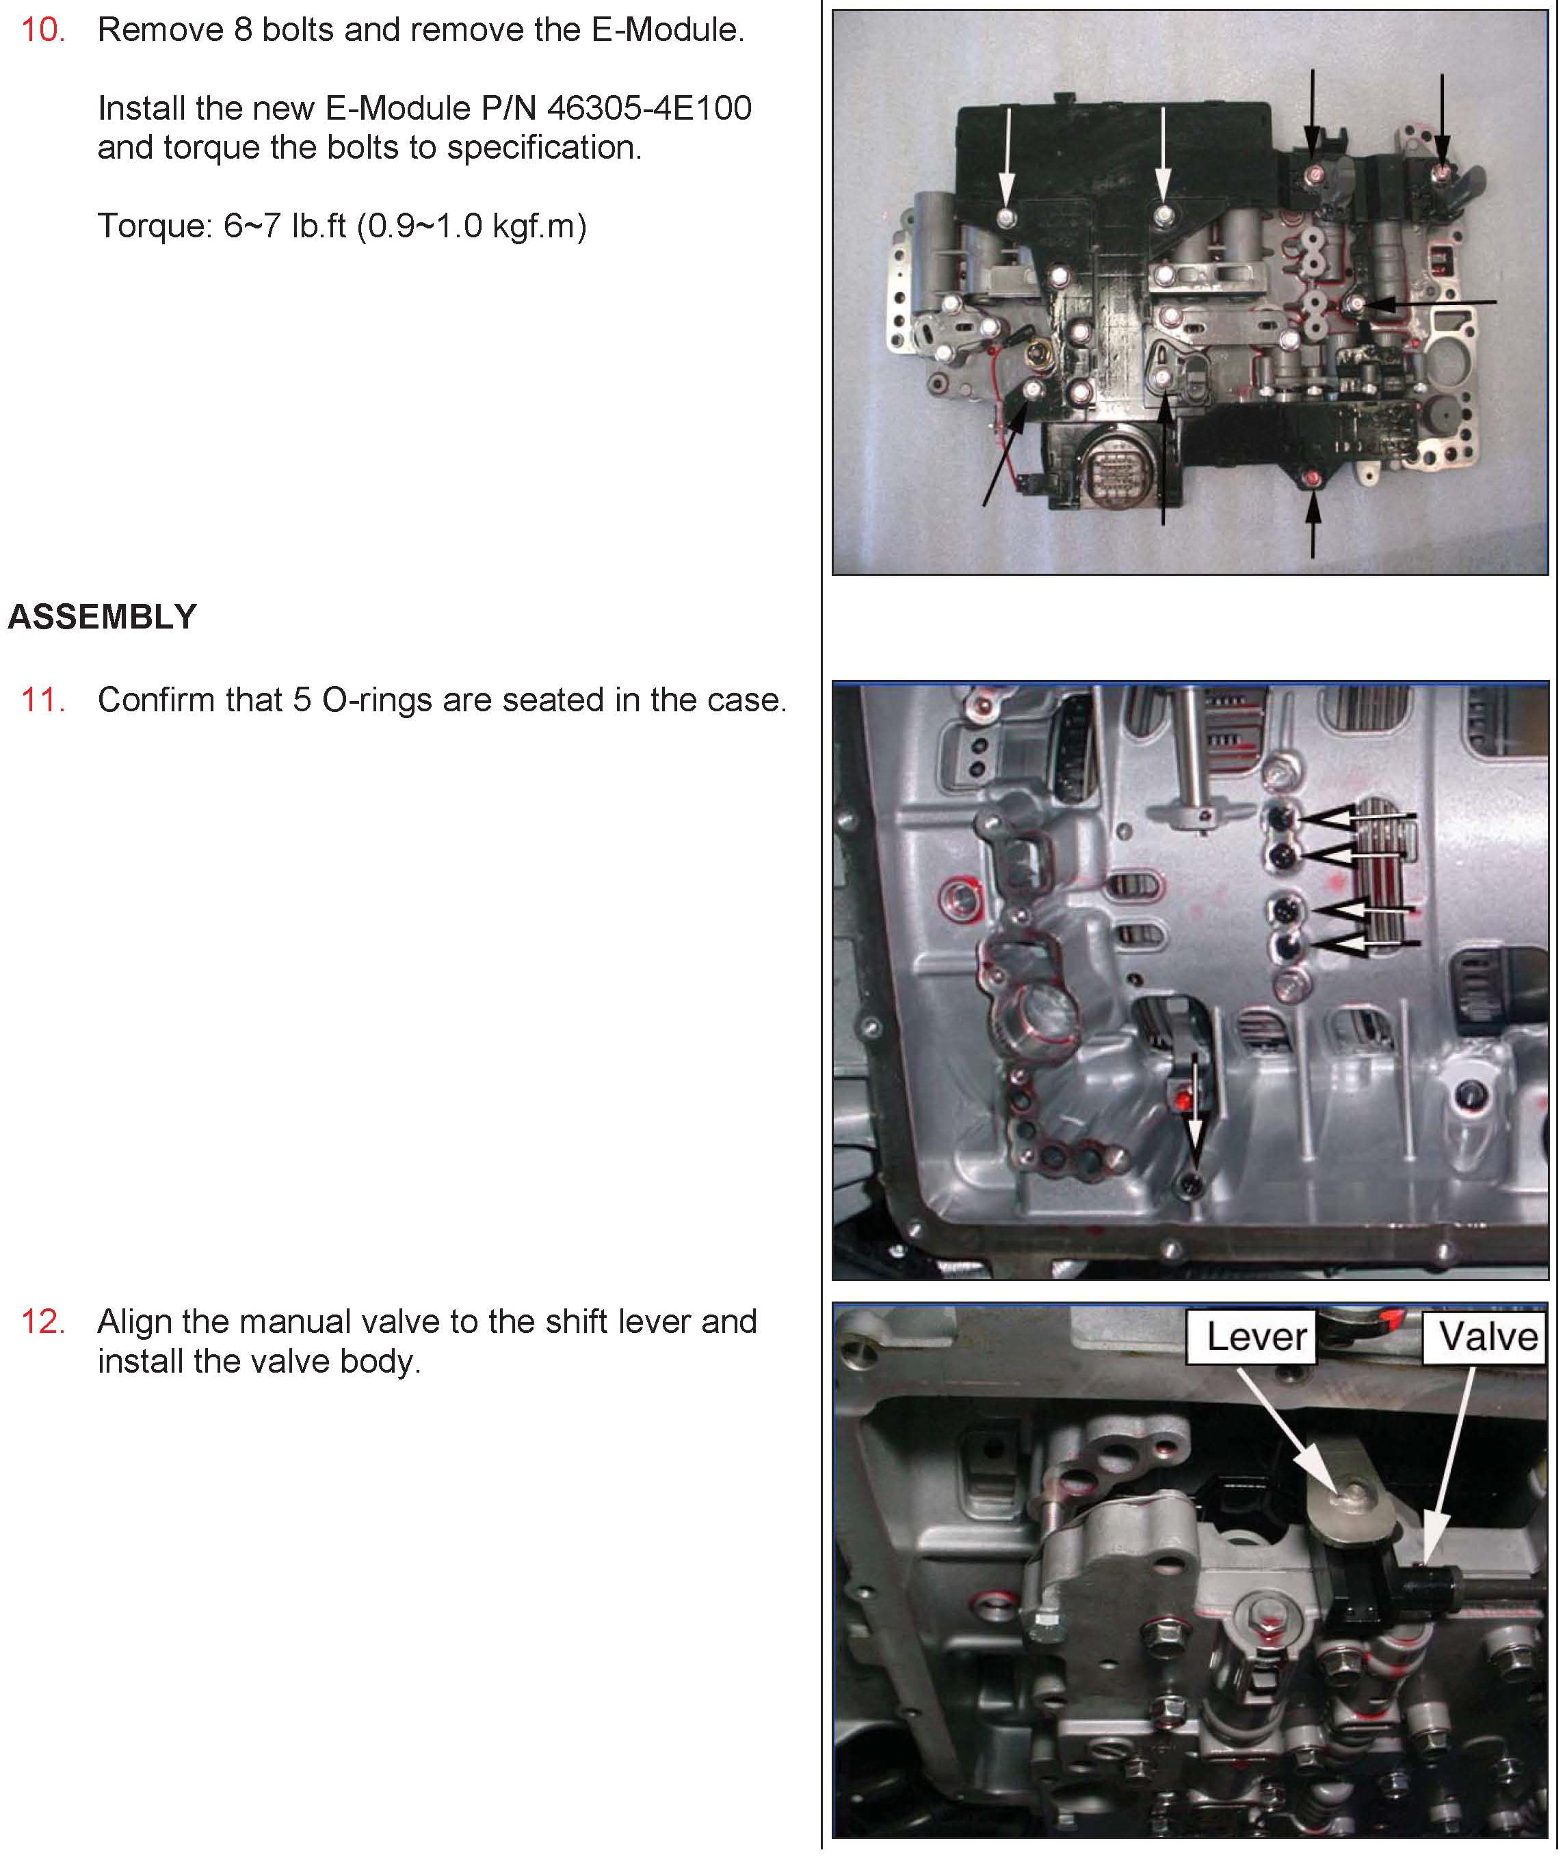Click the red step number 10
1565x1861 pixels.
tap(42, 30)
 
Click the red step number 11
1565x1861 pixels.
tap(42, 701)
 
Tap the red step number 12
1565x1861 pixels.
tap(42, 1323)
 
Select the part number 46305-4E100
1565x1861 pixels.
tap(649, 108)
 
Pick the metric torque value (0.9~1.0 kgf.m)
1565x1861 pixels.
tap(472, 226)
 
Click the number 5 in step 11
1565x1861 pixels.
tap(302, 701)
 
